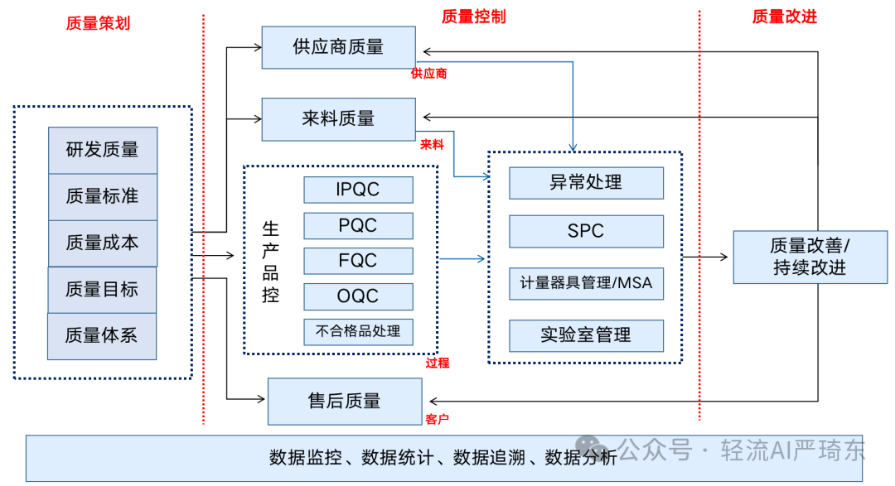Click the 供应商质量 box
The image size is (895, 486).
pyautogui.click(x=338, y=47)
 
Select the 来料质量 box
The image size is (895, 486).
pyautogui.click(x=338, y=119)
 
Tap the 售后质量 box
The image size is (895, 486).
pyautogui.click(x=345, y=402)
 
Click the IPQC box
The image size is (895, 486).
pyautogui.click(x=358, y=190)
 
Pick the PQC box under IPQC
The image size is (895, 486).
pyautogui.click(x=358, y=226)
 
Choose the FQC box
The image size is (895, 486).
pyautogui.click(x=358, y=261)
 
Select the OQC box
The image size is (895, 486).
pyautogui.click(x=358, y=296)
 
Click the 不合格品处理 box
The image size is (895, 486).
pyautogui.click(x=358, y=331)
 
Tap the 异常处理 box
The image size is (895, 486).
pyautogui.click(x=586, y=183)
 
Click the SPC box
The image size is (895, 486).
pyautogui.click(x=586, y=232)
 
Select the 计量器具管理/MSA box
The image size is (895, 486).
pyautogui.click(x=586, y=283)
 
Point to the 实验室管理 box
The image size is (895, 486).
pyautogui.click(x=586, y=335)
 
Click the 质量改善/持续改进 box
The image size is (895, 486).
pyautogui.click(x=810, y=257)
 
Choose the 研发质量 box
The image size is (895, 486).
pyautogui.click(x=103, y=150)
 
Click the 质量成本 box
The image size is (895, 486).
pyautogui.click(x=103, y=243)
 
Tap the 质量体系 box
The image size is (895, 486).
pyautogui.click(x=102, y=336)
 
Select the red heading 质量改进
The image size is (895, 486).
pyautogui.click(x=784, y=17)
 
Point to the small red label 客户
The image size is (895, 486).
pyautogui.click(x=437, y=419)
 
